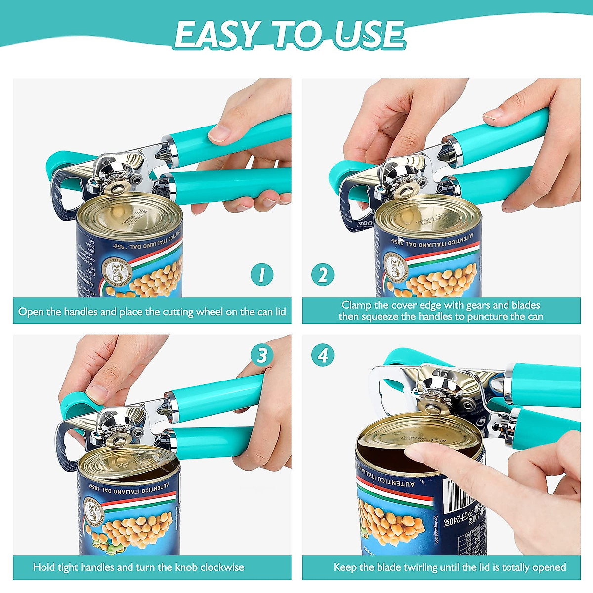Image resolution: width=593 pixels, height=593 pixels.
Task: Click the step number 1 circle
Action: pyautogui.click(x=262, y=275)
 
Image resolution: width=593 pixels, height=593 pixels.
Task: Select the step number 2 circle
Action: pyautogui.click(x=323, y=275)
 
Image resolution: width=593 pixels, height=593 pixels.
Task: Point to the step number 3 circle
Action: pyautogui.click(x=262, y=355)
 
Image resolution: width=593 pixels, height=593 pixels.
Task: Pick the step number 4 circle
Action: pyautogui.click(x=323, y=355)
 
